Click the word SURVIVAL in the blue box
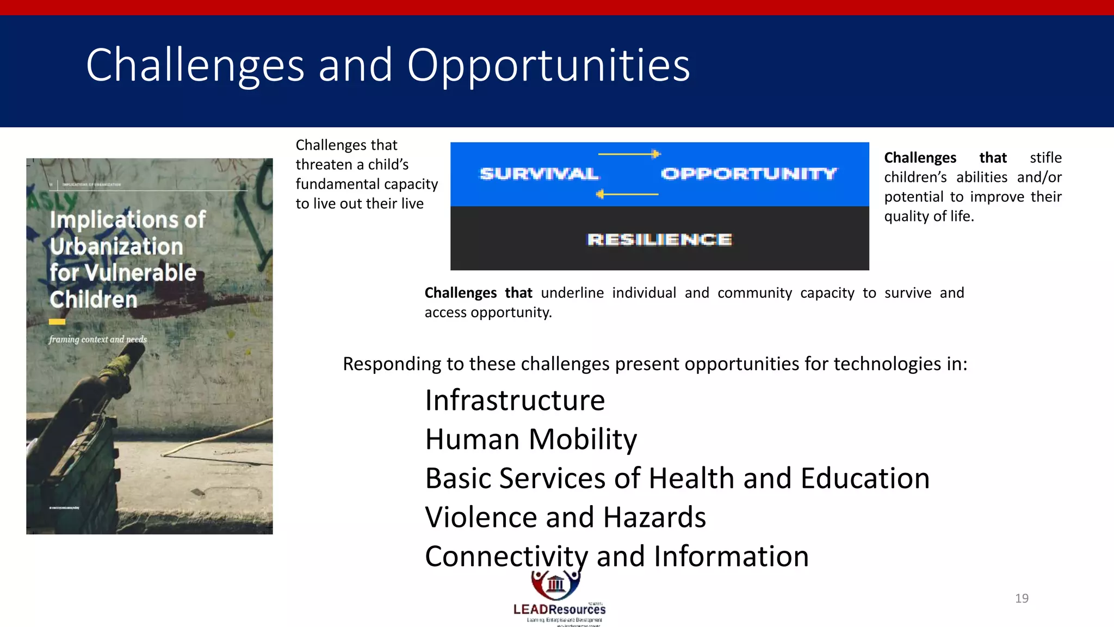[x=539, y=174]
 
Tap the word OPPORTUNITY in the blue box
[x=748, y=174]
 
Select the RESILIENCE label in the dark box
[x=659, y=239]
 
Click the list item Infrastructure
[x=515, y=401]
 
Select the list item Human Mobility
[x=531, y=439]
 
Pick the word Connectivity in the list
[x=506, y=556]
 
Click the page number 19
[x=1022, y=598]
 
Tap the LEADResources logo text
[x=559, y=610]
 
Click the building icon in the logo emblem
[x=555, y=584]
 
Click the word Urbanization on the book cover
[x=116, y=247]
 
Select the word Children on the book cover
[x=94, y=299]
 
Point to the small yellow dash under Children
[x=57, y=322]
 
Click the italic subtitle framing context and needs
[x=98, y=339]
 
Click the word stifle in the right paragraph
[x=1045, y=158]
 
